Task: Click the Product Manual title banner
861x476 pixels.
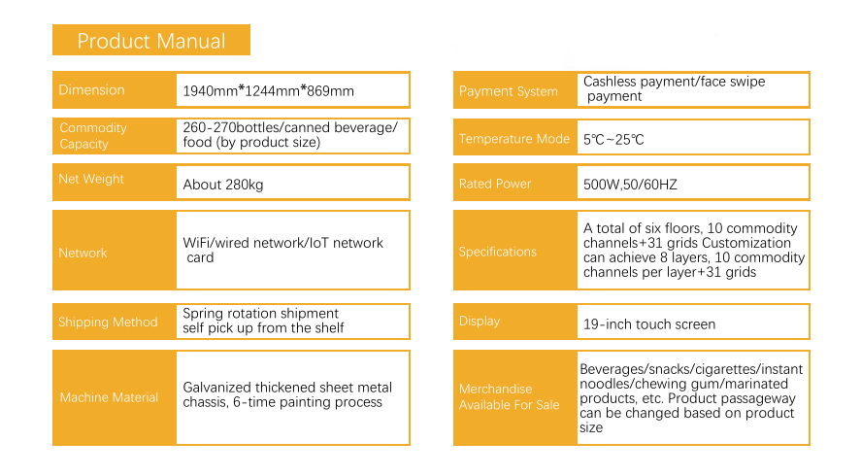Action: [151, 40]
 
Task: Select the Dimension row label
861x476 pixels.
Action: [91, 90]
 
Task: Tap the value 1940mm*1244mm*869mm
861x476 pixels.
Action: [269, 90]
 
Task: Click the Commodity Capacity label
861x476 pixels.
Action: [93, 136]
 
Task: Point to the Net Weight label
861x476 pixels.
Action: [91, 179]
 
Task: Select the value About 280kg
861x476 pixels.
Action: [223, 185]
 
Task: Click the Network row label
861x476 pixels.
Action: [83, 253]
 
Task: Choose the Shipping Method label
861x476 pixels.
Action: [108, 323]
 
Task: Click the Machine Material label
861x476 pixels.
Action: [109, 397]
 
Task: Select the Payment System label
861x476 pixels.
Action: [509, 91]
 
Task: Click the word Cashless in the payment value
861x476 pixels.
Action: [610, 82]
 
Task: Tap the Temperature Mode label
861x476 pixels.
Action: [514, 139]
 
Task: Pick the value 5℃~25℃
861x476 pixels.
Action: [613, 140]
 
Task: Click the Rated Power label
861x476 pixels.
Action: [495, 185]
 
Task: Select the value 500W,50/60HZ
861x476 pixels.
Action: [630, 185]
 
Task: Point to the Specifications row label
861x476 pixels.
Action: [498, 252]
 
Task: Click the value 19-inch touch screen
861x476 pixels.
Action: [649, 324]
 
